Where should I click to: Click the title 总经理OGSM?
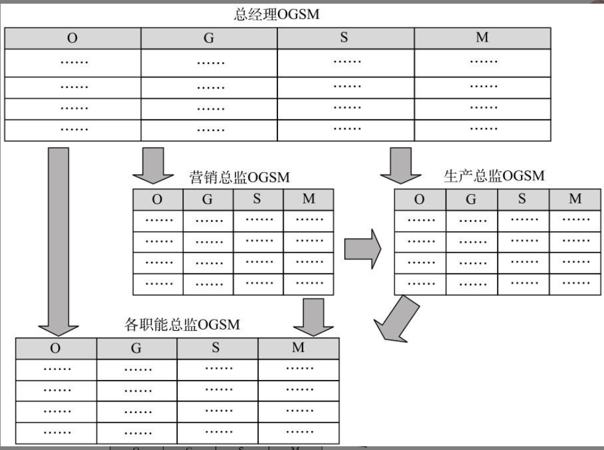pyautogui.click(x=277, y=14)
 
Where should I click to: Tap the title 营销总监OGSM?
pyautogui.click(x=239, y=178)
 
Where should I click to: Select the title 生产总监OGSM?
pyautogui.click(x=494, y=176)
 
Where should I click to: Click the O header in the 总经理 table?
pyautogui.click(x=73, y=38)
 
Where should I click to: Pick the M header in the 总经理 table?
pyautogui.click(x=482, y=38)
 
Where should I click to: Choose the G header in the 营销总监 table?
pyautogui.click(x=208, y=199)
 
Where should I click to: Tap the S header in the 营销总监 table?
pyautogui.click(x=257, y=199)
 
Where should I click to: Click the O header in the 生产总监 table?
pyautogui.click(x=419, y=199)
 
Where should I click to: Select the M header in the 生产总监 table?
pyautogui.click(x=575, y=199)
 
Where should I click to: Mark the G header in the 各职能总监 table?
pyautogui.click(x=137, y=348)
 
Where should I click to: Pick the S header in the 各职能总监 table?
pyautogui.click(x=216, y=348)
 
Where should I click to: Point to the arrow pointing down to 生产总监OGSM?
pyautogui.click(x=400, y=164)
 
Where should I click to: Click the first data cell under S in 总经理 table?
pyautogui.click(x=346, y=61)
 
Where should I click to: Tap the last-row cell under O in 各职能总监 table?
pyautogui.click(x=56, y=432)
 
